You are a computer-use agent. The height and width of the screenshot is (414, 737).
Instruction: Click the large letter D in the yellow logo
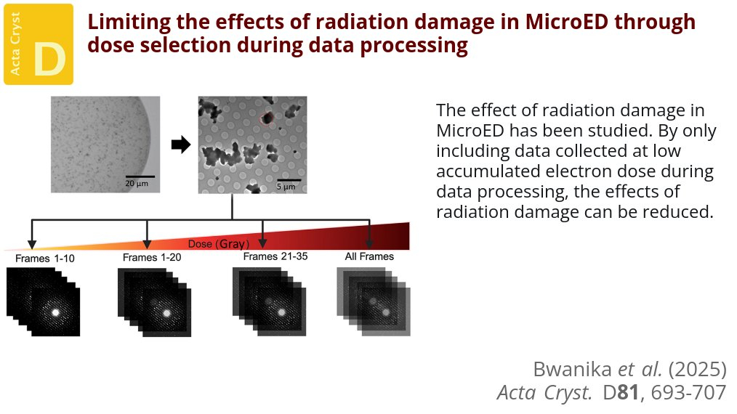point(49,60)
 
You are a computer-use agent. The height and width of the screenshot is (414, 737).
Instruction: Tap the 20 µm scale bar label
point(137,183)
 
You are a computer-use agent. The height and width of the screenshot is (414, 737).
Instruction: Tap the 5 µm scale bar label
point(286,187)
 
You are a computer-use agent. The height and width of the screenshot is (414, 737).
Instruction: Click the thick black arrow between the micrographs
point(181,145)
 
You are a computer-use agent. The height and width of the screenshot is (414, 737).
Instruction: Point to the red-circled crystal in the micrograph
point(267,118)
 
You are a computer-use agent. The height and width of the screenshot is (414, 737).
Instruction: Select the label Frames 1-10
point(44,259)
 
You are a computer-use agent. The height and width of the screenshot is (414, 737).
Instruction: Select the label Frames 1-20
point(152,258)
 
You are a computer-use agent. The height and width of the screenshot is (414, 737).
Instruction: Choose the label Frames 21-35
point(275,256)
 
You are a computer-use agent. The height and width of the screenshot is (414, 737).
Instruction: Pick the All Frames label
point(369,256)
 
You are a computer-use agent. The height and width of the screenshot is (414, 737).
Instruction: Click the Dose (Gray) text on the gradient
point(219,244)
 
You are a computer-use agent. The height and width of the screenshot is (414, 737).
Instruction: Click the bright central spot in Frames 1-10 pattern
point(55,312)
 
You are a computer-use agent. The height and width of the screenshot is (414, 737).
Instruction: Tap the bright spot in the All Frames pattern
point(386,312)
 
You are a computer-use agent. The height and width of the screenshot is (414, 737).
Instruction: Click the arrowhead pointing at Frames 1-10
point(31,244)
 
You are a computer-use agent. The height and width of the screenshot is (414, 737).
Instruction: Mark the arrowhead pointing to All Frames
point(369,243)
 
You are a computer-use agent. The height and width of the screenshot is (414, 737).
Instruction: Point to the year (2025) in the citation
point(698,370)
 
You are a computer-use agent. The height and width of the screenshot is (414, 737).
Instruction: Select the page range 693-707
point(688,392)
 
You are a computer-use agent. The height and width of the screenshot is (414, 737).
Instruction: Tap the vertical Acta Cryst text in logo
point(15,44)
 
